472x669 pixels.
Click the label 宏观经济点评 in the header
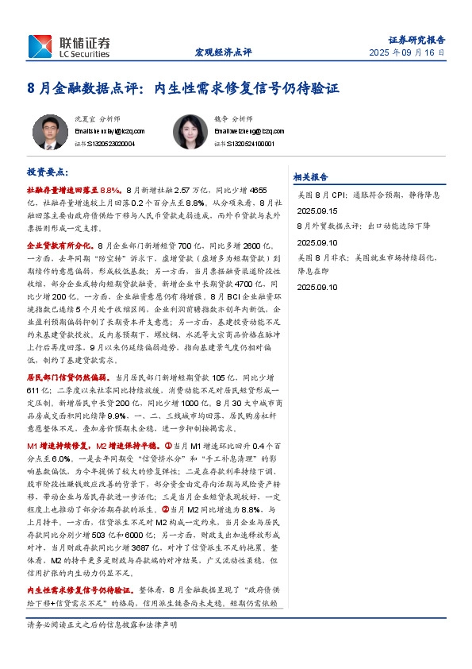pos(223,52)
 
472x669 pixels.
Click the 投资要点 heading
pos(48,172)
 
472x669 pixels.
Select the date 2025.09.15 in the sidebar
pos(316,211)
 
